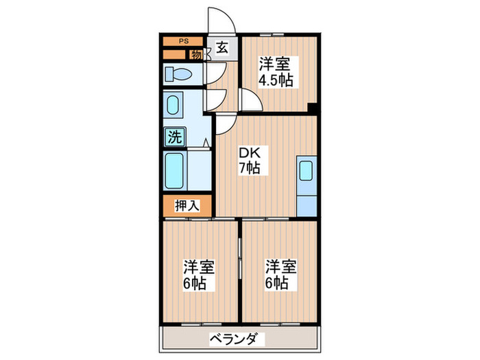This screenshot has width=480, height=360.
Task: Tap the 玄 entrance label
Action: tap(222, 48)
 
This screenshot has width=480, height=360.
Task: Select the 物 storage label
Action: tap(196, 54)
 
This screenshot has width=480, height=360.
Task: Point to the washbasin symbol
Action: tap(173, 106)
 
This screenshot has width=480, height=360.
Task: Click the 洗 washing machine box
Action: tap(174, 136)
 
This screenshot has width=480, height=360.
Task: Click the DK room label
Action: tap(248, 153)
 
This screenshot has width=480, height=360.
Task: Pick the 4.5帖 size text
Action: tap(275, 80)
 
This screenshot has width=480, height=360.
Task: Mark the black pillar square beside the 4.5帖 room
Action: tap(313, 108)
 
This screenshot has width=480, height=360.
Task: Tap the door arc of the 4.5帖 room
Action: tap(251, 101)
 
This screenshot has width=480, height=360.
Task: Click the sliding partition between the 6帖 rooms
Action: tap(239, 259)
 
